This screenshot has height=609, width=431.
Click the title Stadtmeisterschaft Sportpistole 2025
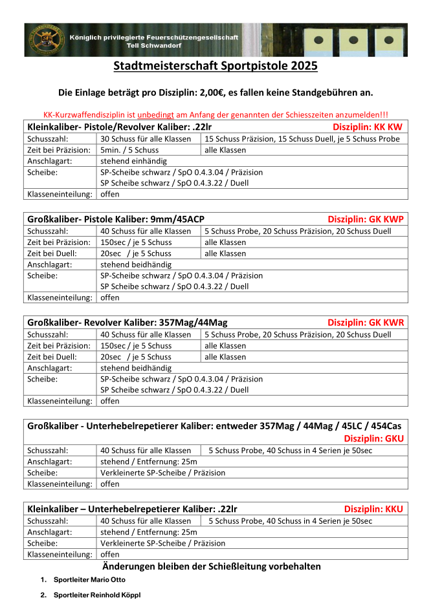point(215,66)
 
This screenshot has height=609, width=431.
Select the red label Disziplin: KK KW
point(368,127)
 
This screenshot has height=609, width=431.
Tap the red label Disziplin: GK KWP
point(365,219)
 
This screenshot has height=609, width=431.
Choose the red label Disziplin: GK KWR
point(365,322)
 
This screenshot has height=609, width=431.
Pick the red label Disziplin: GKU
point(382,438)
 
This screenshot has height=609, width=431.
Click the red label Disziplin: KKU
point(373,509)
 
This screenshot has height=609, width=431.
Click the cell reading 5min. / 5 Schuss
point(129,149)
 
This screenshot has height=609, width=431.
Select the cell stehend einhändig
point(133,160)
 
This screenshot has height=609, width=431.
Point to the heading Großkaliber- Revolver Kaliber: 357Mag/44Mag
point(127,322)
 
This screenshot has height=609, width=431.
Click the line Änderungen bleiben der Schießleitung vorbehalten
point(215,566)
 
